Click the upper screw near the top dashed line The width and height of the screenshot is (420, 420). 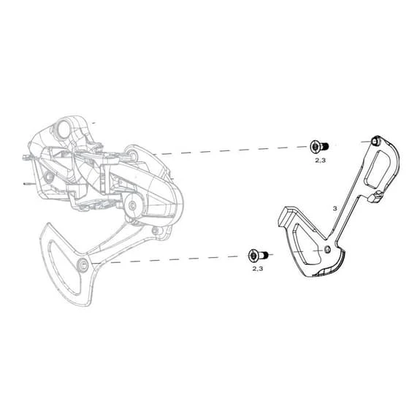coord(318,146)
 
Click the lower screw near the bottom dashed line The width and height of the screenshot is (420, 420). coord(256,256)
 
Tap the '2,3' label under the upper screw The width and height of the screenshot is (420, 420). coord(319,159)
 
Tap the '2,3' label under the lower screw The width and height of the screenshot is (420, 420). coord(257,269)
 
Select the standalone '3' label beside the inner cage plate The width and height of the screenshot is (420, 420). coord(334,208)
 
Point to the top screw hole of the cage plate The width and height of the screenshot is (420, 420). coord(375,140)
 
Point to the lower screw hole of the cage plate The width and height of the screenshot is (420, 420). coord(327,250)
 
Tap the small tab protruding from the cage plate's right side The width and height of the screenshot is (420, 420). coord(375,198)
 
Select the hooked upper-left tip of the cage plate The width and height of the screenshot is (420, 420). coord(283,215)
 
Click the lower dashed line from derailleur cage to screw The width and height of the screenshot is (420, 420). coord(168,259)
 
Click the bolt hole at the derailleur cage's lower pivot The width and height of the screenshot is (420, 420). coord(82,262)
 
